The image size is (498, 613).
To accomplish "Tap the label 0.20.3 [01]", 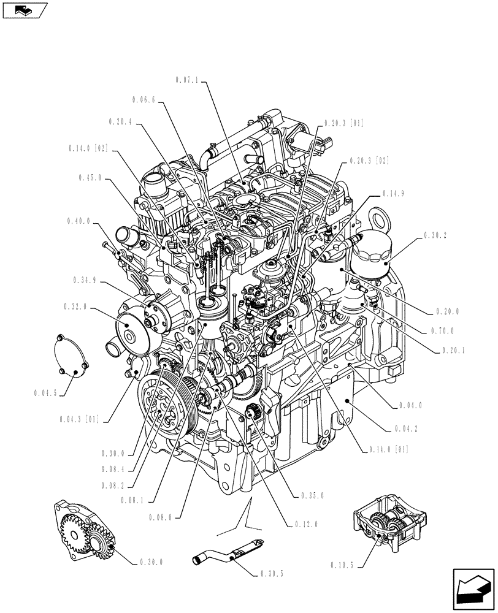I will tap(341, 123).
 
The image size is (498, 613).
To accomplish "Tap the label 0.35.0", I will tap(313, 496).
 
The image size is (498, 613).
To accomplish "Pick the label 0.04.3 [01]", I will tap(80, 420).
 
